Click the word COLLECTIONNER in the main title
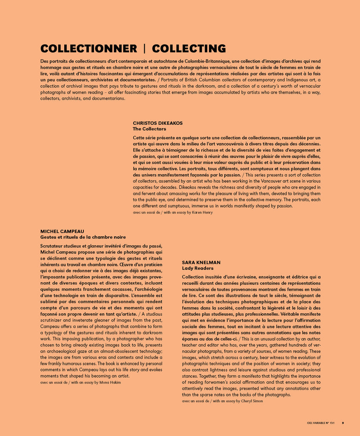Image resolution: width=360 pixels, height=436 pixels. (89, 49)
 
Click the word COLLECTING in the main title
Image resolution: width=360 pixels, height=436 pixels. (189, 49)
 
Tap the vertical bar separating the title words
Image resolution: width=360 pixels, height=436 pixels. (144, 49)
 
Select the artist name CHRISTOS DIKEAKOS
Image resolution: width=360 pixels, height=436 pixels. (157, 123)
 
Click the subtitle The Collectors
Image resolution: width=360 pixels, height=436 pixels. (149, 129)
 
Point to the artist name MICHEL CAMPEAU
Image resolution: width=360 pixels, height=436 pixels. (62, 231)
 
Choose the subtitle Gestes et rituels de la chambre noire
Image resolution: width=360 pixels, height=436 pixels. (83, 237)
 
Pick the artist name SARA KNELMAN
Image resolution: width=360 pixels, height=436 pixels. (201, 262)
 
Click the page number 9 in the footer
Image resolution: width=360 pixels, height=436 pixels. (343, 423)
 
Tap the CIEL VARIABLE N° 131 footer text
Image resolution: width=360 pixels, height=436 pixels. (320, 423)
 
